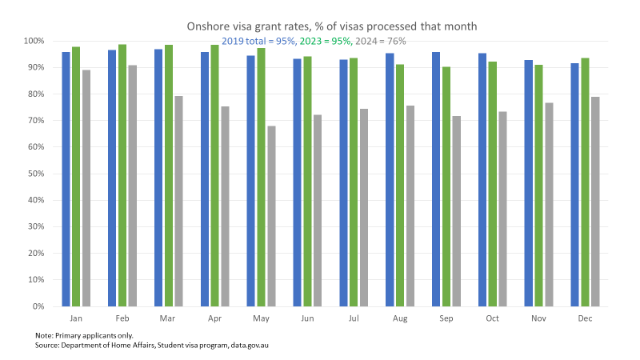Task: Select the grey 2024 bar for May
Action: [x=271, y=216]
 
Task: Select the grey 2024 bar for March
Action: [x=178, y=201]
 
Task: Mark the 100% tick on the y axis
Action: [x=33, y=41]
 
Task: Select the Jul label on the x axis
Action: [x=353, y=318]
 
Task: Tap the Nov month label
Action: [x=538, y=318]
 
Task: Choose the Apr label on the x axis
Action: [x=214, y=318]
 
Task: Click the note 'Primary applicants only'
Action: [x=84, y=334]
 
